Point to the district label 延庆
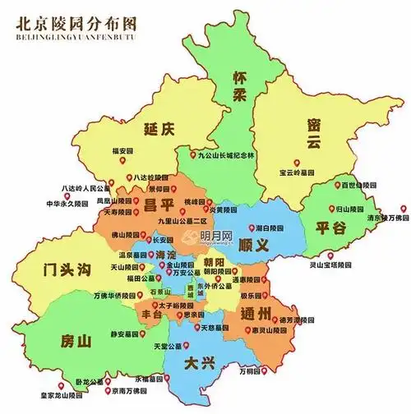pos(158,130)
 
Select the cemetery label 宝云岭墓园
pos(298,172)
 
